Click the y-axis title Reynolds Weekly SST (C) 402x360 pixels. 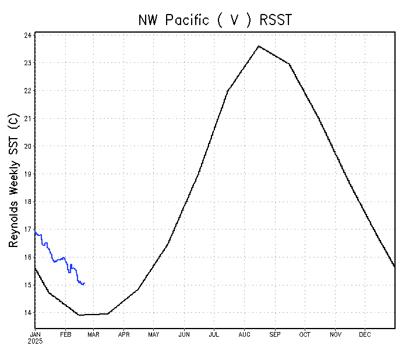pyautogui.click(x=15, y=180)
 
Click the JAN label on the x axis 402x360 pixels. pyautogui.click(x=35, y=334)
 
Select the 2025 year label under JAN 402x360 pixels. pyautogui.click(x=35, y=341)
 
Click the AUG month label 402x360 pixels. pyautogui.click(x=244, y=334)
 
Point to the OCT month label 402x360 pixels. pyautogui.click(x=305, y=334)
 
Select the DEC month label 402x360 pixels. pyautogui.click(x=365, y=334)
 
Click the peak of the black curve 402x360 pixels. pyautogui.click(x=259, y=46)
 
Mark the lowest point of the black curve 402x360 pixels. pyautogui.click(x=79, y=315)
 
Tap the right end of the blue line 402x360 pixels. pyautogui.click(x=85, y=284)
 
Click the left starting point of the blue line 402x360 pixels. pyautogui.click(x=35, y=232)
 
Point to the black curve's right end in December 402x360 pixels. pyautogui.click(x=395, y=266)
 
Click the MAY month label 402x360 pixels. pyautogui.click(x=153, y=334)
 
